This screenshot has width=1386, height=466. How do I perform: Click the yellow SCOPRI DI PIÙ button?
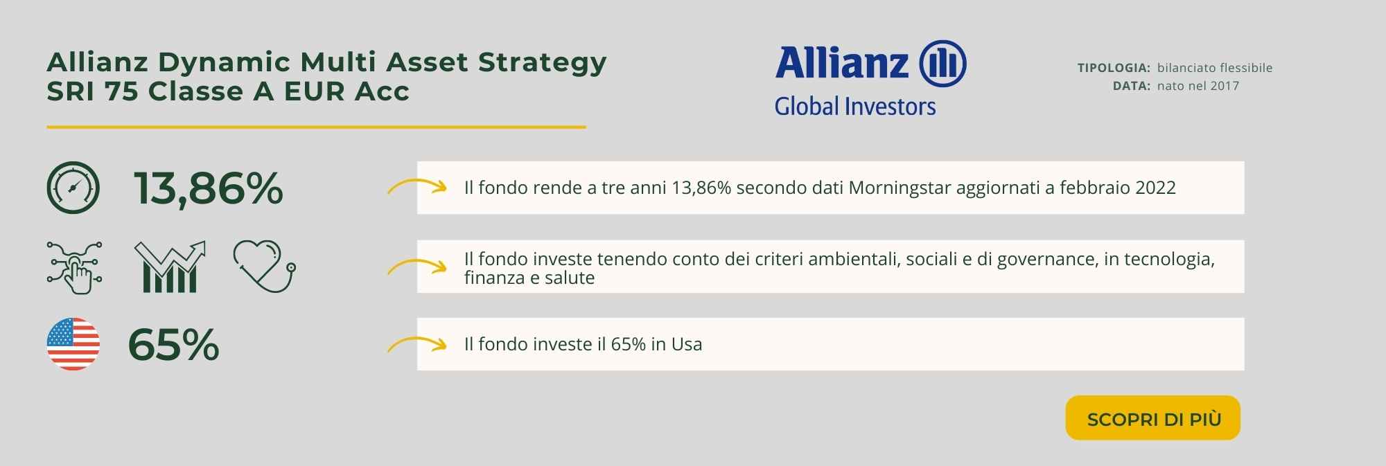tap(1152, 418)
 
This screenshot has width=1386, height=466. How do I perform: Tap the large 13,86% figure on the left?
tap(208, 188)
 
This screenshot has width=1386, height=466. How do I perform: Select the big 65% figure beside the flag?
tap(174, 345)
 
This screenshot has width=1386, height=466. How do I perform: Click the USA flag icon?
tap(73, 344)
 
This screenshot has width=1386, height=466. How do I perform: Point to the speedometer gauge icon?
tap(73, 188)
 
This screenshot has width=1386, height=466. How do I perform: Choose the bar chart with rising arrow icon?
tap(170, 267)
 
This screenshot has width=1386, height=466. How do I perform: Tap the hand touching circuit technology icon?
tap(75, 267)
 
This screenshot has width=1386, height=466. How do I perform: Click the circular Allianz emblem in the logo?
tap(942, 64)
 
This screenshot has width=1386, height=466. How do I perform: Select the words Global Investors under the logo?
tap(855, 106)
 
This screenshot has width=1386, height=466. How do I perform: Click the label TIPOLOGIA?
tap(1114, 68)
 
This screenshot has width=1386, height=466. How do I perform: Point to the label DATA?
tap(1132, 86)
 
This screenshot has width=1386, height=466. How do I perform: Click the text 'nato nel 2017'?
tap(1198, 86)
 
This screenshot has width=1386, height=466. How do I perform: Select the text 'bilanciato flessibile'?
tap(1215, 68)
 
